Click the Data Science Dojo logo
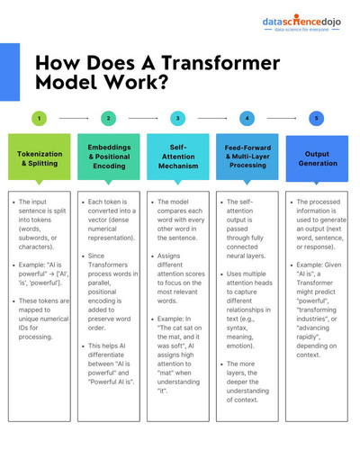click(301, 22)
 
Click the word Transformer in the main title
click(220, 63)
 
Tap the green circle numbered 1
click(40, 118)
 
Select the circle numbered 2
click(109, 118)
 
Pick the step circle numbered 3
click(178, 118)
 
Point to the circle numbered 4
click(247, 118)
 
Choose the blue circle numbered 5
click(317, 118)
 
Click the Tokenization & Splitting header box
click(40, 157)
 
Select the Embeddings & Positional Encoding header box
click(109, 157)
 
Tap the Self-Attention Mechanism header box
click(178, 157)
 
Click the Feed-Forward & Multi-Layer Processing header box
click(247, 157)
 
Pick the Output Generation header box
click(317, 158)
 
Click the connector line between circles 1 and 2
click(74, 119)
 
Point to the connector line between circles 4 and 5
click(282, 119)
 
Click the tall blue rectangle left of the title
click(10, 72)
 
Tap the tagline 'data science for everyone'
click(301, 30)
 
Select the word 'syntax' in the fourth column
click(237, 328)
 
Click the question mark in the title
click(164, 82)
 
